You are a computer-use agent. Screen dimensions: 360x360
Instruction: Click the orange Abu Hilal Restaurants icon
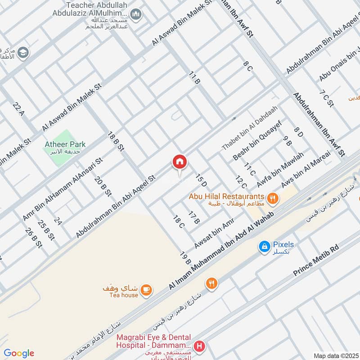[x=272, y=198]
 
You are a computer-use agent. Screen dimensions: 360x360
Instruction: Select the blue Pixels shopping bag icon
[x=265, y=246]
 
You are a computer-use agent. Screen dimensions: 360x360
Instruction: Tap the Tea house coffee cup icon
[x=146, y=290]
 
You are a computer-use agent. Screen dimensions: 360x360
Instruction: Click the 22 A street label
[x=18, y=109]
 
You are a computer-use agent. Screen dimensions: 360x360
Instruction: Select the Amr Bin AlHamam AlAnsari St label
[x=63, y=189]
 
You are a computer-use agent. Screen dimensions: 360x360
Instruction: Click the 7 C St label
[x=326, y=99]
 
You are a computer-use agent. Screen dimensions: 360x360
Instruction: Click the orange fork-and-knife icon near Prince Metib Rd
[x=211, y=283]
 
